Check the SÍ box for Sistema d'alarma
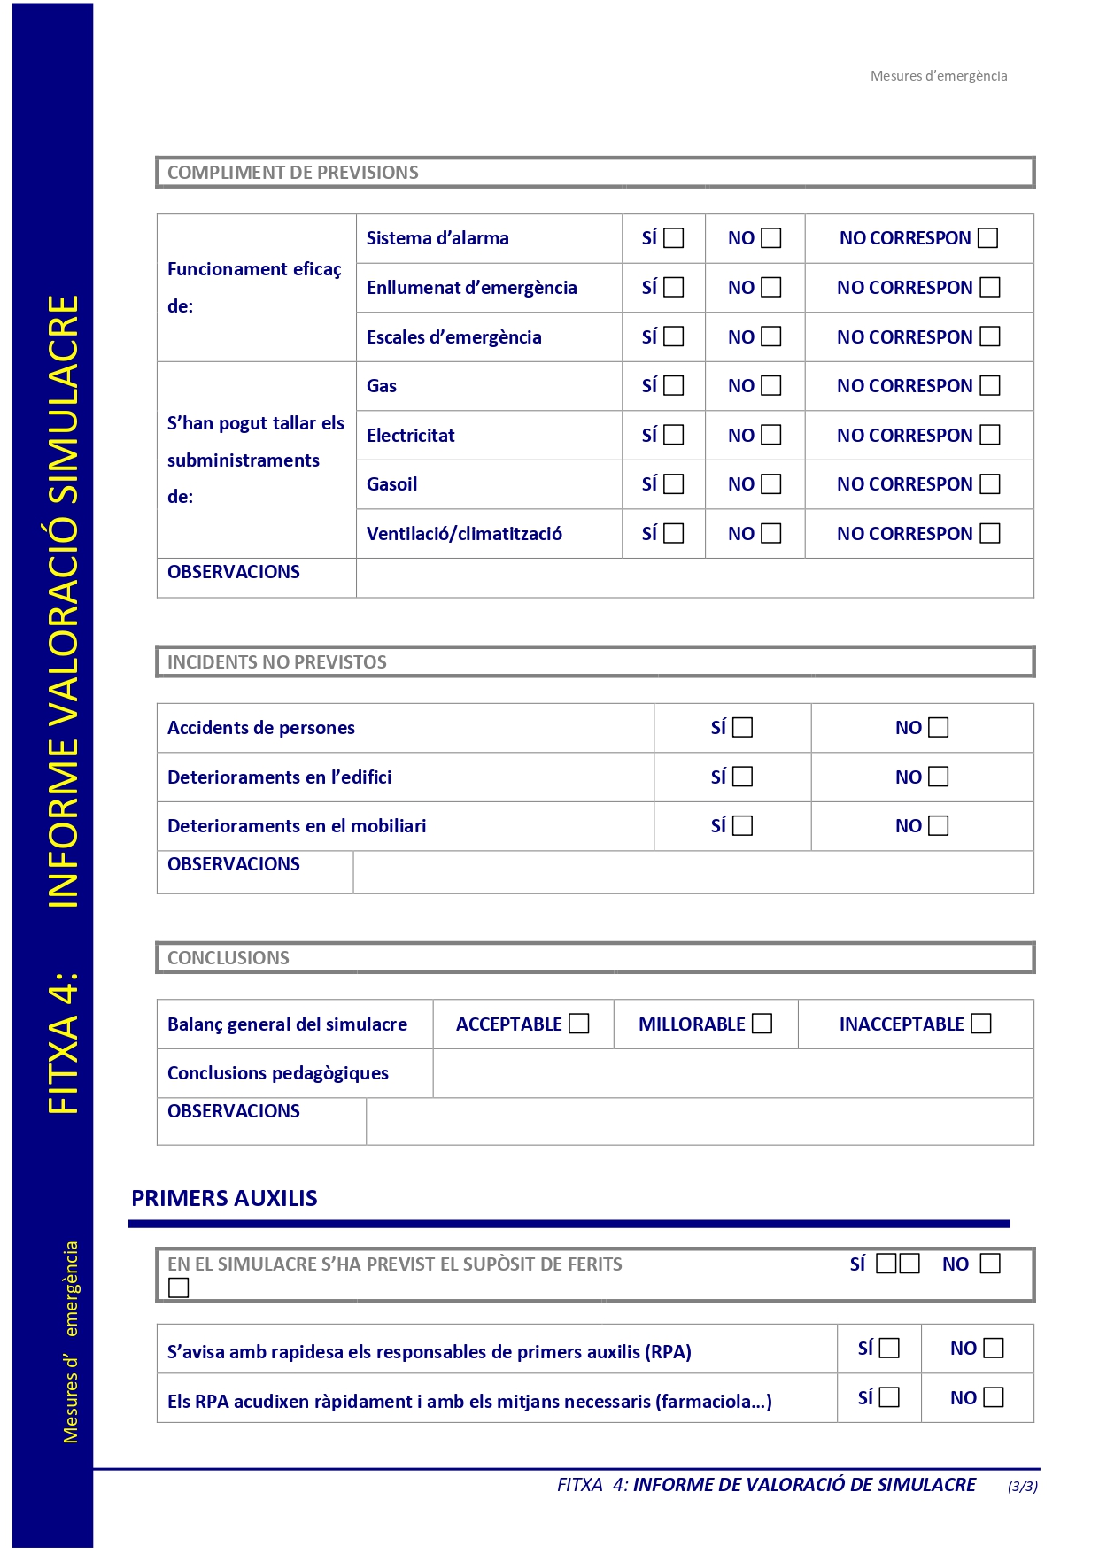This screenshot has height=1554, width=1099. click(x=674, y=238)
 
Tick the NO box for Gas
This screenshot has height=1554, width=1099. click(x=771, y=386)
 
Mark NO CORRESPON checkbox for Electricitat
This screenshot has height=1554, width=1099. click(x=990, y=435)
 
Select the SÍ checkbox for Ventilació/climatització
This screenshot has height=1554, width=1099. click(x=674, y=533)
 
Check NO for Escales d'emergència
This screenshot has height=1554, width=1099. click(x=771, y=336)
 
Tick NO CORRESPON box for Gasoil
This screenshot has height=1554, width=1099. click(x=990, y=484)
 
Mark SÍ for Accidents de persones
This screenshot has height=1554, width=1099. click(x=743, y=728)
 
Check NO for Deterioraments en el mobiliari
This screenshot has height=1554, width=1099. click(x=939, y=826)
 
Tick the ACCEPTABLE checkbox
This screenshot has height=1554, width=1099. click(x=579, y=1024)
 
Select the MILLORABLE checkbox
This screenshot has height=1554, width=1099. click(x=762, y=1024)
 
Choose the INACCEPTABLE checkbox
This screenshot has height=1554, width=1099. click(x=981, y=1024)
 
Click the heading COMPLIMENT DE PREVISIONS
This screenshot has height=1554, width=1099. click(x=293, y=173)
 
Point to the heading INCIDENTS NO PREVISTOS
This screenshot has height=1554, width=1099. click(x=277, y=662)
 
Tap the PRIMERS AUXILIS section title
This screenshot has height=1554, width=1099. click(x=225, y=1198)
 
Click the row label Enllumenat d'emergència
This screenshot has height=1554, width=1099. click(x=471, y=288)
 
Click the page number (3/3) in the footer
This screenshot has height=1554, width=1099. click(x=1023, y=1486)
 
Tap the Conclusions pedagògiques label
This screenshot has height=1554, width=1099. click(x=278, y=1073)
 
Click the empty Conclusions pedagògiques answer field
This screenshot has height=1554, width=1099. click(x=732, y=1073)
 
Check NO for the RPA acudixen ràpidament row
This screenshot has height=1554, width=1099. click(x=994, y=1397)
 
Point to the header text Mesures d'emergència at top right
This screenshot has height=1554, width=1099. click(x=939, y=76)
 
